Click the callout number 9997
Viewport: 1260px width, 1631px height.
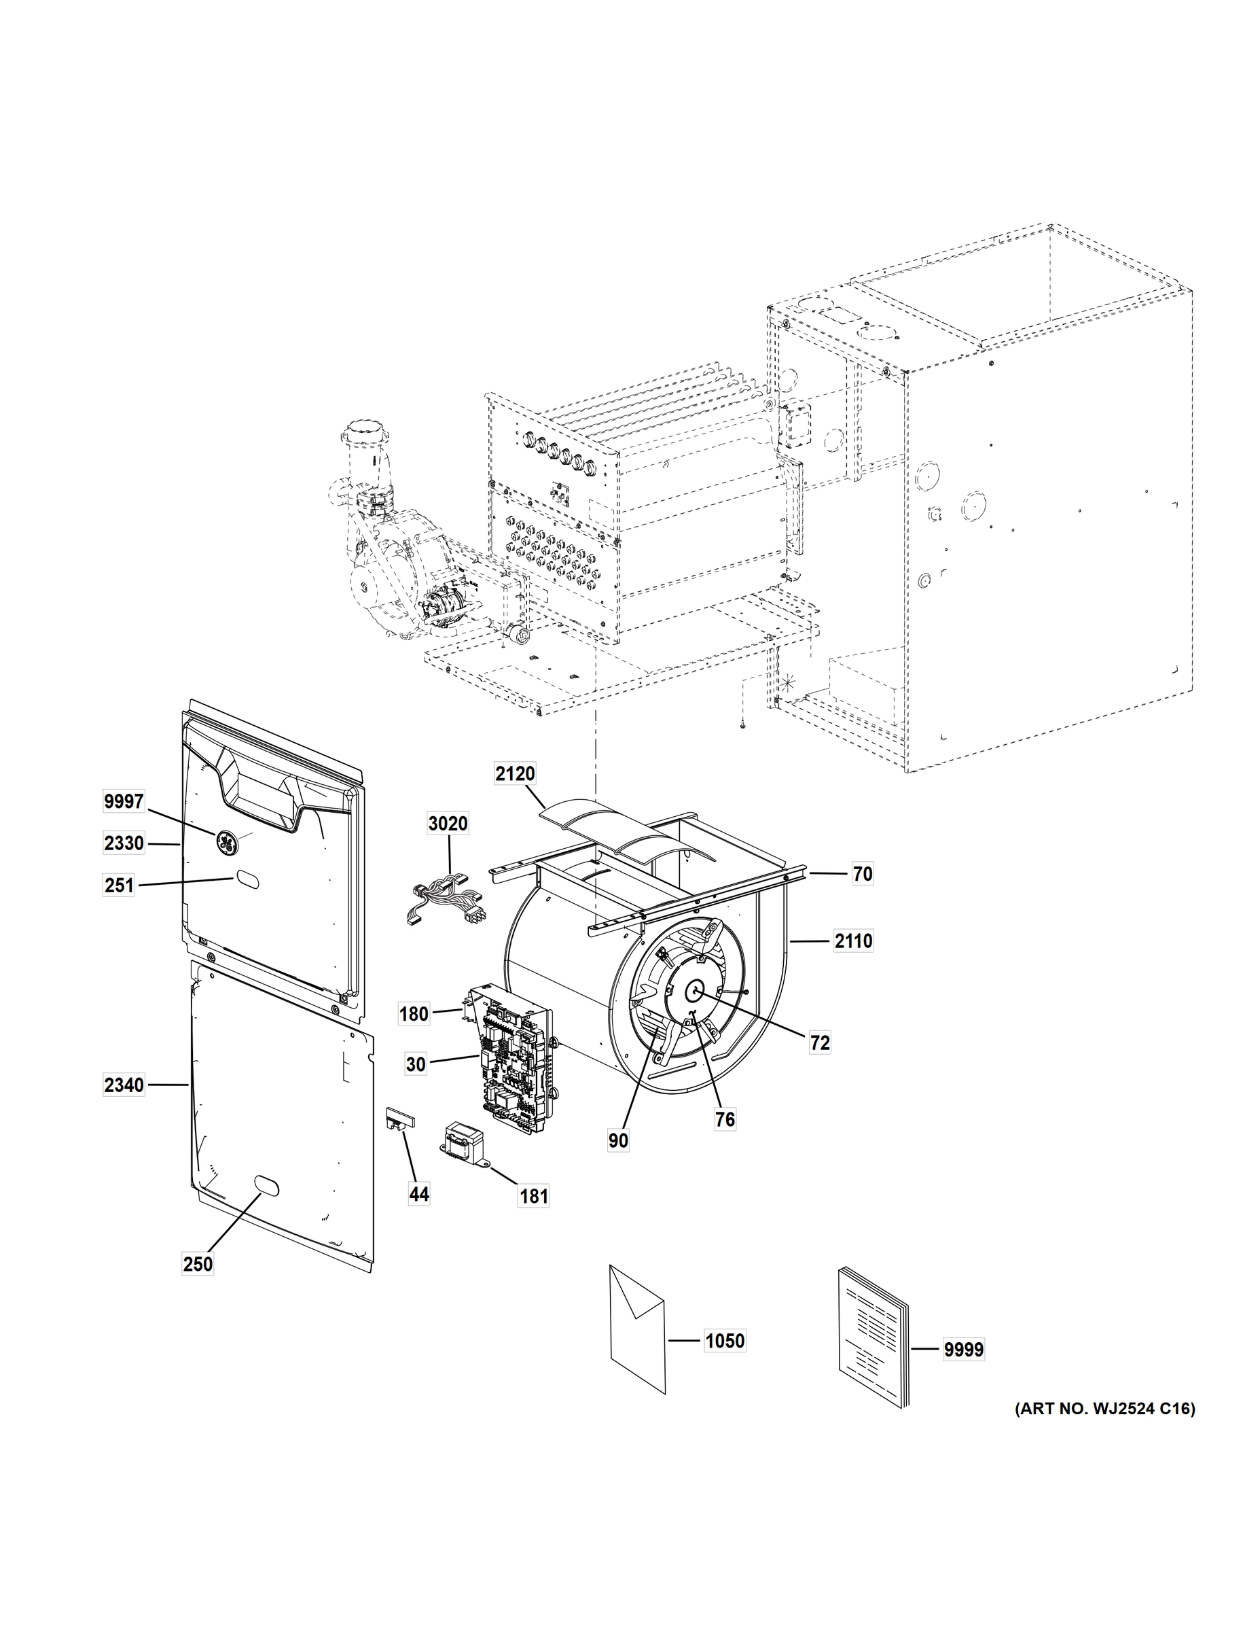(x=124, y=801)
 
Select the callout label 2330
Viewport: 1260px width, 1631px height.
(x=124, y=843)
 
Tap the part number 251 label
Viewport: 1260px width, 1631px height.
(x=119, y=885)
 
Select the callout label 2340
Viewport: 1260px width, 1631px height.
(x=124, y=1085)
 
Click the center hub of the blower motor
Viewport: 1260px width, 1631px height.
(x=695, y=991)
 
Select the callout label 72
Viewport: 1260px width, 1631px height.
(x=820, y=1042)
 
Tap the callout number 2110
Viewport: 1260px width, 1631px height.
(x=853, y=941)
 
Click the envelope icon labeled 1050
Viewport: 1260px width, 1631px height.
(x=636, y=1329)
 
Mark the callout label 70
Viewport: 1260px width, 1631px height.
(x=862, y=874)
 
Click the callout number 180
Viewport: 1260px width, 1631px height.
(x=414, y=1014)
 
